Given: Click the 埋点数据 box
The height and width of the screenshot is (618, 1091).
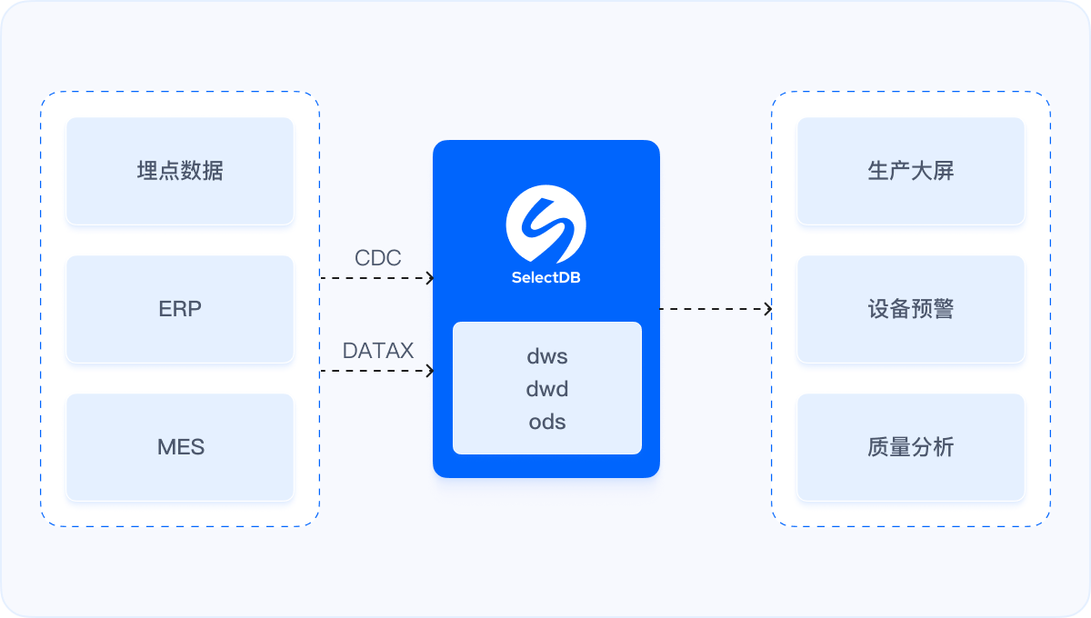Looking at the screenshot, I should [180, 171].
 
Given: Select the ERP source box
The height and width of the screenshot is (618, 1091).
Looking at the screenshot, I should [180, 309].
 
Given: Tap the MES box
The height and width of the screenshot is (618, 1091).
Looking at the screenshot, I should [180, 447].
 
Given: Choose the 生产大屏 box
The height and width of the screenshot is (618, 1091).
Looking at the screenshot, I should [911, 171].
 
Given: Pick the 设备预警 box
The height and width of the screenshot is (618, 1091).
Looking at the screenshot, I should [911, 309].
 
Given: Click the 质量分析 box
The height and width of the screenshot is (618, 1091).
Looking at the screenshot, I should [911, 447].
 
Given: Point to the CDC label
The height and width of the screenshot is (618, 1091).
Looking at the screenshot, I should [377, 258].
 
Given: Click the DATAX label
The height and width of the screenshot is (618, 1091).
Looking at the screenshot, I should [378, 351].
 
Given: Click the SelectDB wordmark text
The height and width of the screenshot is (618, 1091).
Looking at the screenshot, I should [546, 278].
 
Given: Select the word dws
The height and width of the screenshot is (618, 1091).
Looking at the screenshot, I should [547, 356].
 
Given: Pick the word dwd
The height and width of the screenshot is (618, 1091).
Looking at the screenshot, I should [547, 389].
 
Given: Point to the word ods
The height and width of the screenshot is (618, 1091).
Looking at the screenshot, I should [547, 422].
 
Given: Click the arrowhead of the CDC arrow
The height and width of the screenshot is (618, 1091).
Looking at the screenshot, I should [431, 278].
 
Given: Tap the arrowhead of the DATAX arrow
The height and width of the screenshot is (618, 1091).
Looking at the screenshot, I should [431, 371].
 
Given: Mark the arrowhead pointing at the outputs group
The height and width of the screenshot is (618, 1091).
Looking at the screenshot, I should [768, 309].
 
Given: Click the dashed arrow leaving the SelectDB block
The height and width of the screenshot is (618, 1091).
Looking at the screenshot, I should [714, 309].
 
